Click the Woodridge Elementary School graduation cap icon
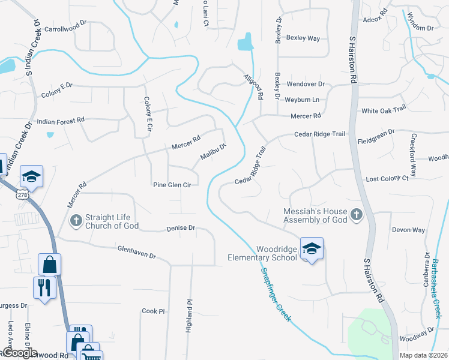(312, 248)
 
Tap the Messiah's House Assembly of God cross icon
(356, 215)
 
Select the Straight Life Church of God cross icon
(76, 220)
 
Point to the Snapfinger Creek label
(276, 295)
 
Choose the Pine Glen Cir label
(172, 185)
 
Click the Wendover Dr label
(305, 85)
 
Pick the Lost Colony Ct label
(387, 179)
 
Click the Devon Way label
(408, 230)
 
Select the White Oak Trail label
(384, 111)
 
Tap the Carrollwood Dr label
(65, 28)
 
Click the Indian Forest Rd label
(61, 121)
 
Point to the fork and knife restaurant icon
(45, 287)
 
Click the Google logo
(19, 353)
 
